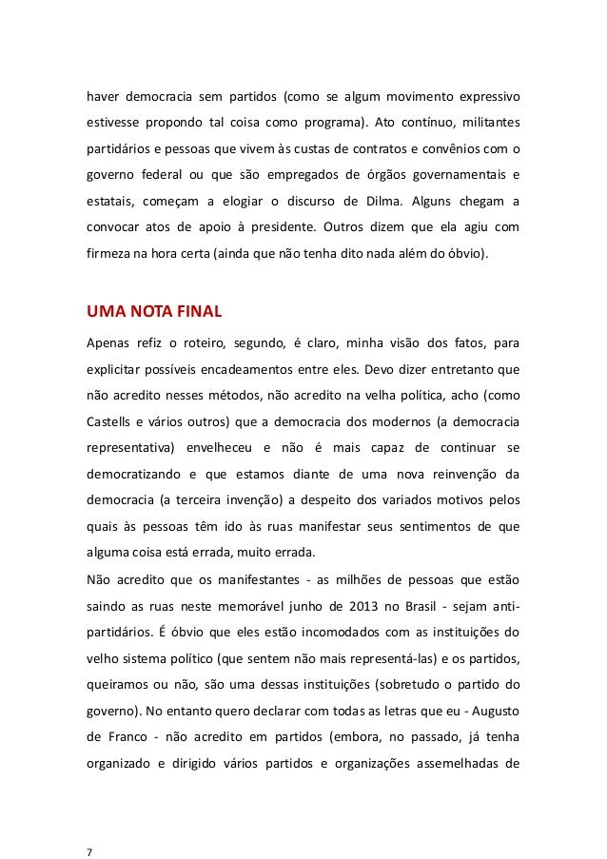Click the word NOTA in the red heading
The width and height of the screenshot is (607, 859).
[x=151, y=310]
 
